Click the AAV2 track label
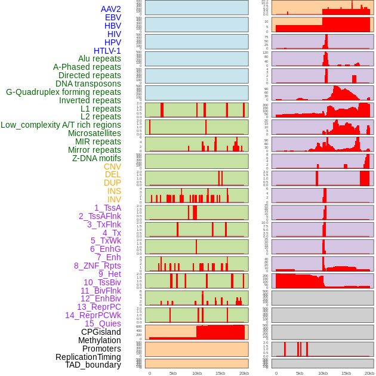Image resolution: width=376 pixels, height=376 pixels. pyautogui.click(x=110, y=9)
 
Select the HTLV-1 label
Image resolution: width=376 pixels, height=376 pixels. pyautogui.click(x=107, y=51)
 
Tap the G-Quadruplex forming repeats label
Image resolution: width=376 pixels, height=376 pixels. pyautogui.click(x=63, y=92)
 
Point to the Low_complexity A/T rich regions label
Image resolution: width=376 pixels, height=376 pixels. pyautogui.click(x=61, y=125)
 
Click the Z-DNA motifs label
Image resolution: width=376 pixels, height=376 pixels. pyautogui.click(x=96, y=158)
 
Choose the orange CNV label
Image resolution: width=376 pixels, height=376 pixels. pyautogui.click(x=112, y=167)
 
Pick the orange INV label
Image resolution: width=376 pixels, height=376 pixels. pyautogui.click(x=114, y=199)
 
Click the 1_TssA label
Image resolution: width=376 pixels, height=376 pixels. pyautogui.click(x=107, y=208)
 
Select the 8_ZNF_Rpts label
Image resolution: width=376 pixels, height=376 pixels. pyautogui.click(x=97, y=266)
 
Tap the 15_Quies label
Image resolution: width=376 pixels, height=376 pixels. pyautogui.click(x=103, y=323)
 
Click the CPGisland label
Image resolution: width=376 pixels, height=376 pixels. pyautogui.click(x=101, y=332)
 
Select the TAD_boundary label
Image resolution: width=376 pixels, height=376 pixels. pyautogui.click(x=93, y=365)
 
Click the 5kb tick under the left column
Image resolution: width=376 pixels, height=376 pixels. pyautogui.click(x=173, y=373)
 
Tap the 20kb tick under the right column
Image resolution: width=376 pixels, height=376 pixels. pyautogui.click(x=369, y=373)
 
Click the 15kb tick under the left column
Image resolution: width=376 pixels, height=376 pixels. pyautogui.click(x=220, y=373)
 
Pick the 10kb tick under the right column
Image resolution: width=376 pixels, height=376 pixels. pyautogui.click(x=322, y=373)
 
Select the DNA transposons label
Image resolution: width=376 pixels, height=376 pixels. pyautogui.click(x=88, y=84)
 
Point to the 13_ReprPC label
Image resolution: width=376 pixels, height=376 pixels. pyautogui.click(x=98, y=307)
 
